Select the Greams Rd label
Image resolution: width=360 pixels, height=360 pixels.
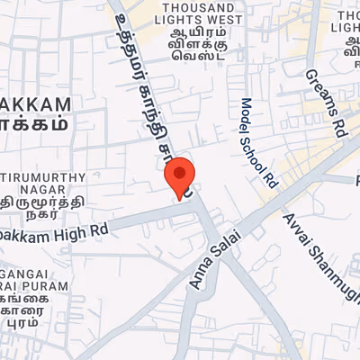tap(326, 103)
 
